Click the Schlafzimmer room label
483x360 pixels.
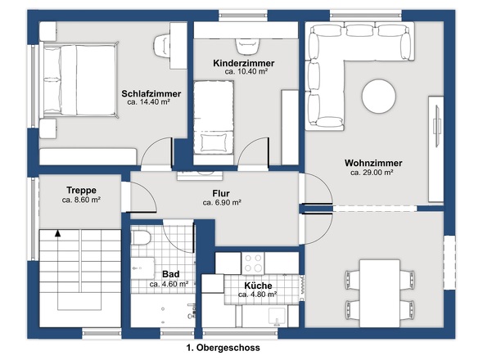151,93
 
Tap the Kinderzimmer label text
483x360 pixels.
244,63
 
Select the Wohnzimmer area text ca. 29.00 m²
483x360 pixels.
372,173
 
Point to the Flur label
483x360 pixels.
221,193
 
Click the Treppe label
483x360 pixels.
81,190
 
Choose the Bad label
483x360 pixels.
170,274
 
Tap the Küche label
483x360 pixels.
258,286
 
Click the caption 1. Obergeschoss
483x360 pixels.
223,348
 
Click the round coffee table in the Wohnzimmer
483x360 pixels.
378,97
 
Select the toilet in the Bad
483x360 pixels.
141,238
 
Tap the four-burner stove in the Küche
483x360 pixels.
253,263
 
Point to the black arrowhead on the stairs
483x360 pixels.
57,233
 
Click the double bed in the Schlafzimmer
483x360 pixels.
79,79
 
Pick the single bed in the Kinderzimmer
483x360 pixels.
214,117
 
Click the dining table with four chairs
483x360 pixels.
380,293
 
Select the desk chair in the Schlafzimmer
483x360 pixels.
161,46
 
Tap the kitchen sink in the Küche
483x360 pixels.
278,317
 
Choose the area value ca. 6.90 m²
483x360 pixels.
222,203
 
